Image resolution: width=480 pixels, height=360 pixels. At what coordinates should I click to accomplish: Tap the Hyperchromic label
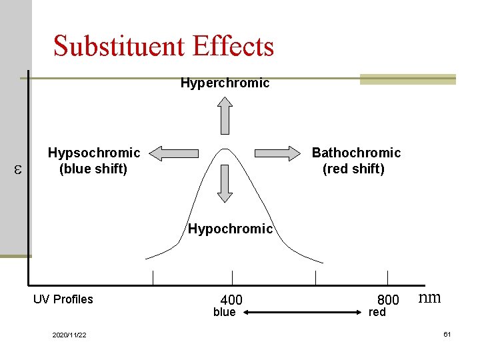[x=225, y=83]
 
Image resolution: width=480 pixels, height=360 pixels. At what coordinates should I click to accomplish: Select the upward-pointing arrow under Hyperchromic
[x=225, y=115]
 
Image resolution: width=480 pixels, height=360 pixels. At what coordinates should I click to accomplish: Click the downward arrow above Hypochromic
[x=225, y=183]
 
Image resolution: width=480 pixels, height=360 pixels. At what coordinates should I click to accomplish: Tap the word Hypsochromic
[x=94, y=153]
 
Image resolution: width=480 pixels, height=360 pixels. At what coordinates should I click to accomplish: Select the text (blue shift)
[x=93, y=169]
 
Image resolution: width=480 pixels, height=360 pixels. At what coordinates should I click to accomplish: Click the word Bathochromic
[x=356, y=153]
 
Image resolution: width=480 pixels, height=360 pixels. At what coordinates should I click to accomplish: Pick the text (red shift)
[x=353, y=169]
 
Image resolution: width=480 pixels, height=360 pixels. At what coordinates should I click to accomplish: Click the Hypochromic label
[x=230, y=229]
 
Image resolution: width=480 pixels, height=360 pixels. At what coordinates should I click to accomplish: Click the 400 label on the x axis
[x=231, y=300]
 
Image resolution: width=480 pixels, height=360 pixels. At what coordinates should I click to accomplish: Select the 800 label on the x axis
[x=388, y=300]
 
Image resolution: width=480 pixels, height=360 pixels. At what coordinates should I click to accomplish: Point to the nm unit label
[x=429, y=297]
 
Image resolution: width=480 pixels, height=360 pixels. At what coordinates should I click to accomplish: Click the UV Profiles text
[x=63, y=299]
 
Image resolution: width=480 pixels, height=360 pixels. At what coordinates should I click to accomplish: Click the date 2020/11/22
[x=69, y=335]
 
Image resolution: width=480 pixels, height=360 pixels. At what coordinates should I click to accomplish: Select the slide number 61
[x=447, y=334]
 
